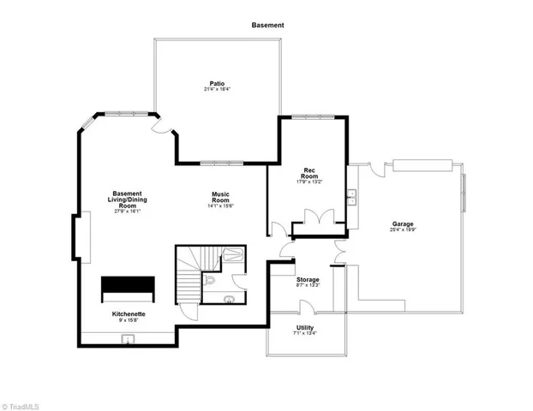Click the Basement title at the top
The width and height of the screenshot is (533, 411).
(267, 26)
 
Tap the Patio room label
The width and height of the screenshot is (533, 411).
(217, 83)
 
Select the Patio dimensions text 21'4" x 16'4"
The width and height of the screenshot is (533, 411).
(217, 89)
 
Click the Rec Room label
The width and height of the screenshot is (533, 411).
(309, 173)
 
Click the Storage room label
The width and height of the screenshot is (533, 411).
(308, 280)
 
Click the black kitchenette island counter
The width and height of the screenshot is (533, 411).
(128, 289)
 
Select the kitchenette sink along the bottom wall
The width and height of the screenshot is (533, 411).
(129, 339)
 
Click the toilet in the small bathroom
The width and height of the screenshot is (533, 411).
(211, 280)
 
